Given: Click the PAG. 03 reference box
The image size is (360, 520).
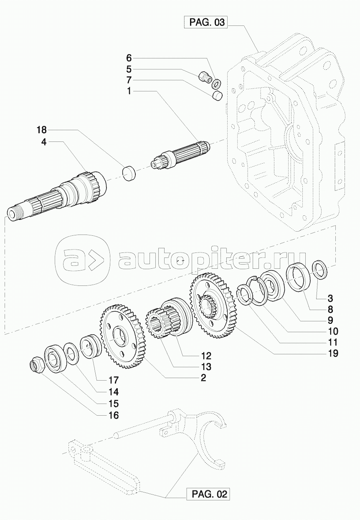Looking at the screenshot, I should (207, 22).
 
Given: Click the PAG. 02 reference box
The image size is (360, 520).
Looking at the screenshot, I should (210, 495).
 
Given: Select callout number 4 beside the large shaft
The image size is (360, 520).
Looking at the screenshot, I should (44, 142).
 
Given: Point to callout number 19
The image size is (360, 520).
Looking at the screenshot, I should (333, 353).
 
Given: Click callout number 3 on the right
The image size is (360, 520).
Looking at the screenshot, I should (330, 298).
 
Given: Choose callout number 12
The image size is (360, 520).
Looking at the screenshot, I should (206, 356).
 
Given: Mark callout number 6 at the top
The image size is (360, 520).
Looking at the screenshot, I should (129, 57).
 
